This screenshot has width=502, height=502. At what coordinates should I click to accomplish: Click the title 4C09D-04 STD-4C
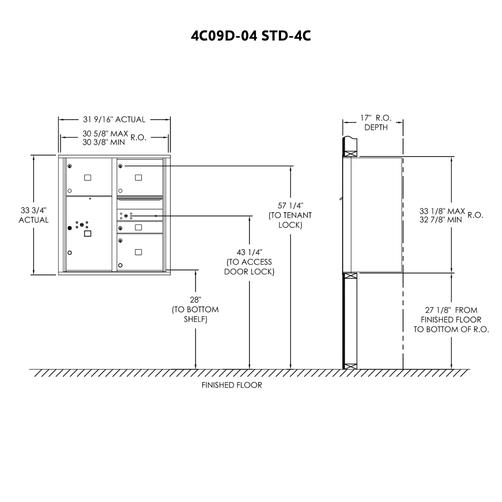(x=251, y=36)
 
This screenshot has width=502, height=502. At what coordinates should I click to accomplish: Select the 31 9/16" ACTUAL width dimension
(x=114, y=119)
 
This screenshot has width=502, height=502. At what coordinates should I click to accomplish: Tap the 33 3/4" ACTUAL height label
(x=34, y=215)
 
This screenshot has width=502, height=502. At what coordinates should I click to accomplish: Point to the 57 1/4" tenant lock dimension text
(x=290, y=215)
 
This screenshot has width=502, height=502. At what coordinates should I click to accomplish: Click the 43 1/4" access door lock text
(x=249, y=262)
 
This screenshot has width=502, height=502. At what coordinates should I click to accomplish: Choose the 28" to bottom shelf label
(x=195, y=309)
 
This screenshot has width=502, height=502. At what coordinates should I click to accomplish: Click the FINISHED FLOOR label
(x=232, y=385)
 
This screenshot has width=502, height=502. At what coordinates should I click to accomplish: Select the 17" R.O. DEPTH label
(x=376, y=122)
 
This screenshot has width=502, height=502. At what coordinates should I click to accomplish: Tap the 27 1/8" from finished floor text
(x=451, y=319)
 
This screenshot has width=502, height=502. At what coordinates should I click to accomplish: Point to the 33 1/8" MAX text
(x=442, y=211)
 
